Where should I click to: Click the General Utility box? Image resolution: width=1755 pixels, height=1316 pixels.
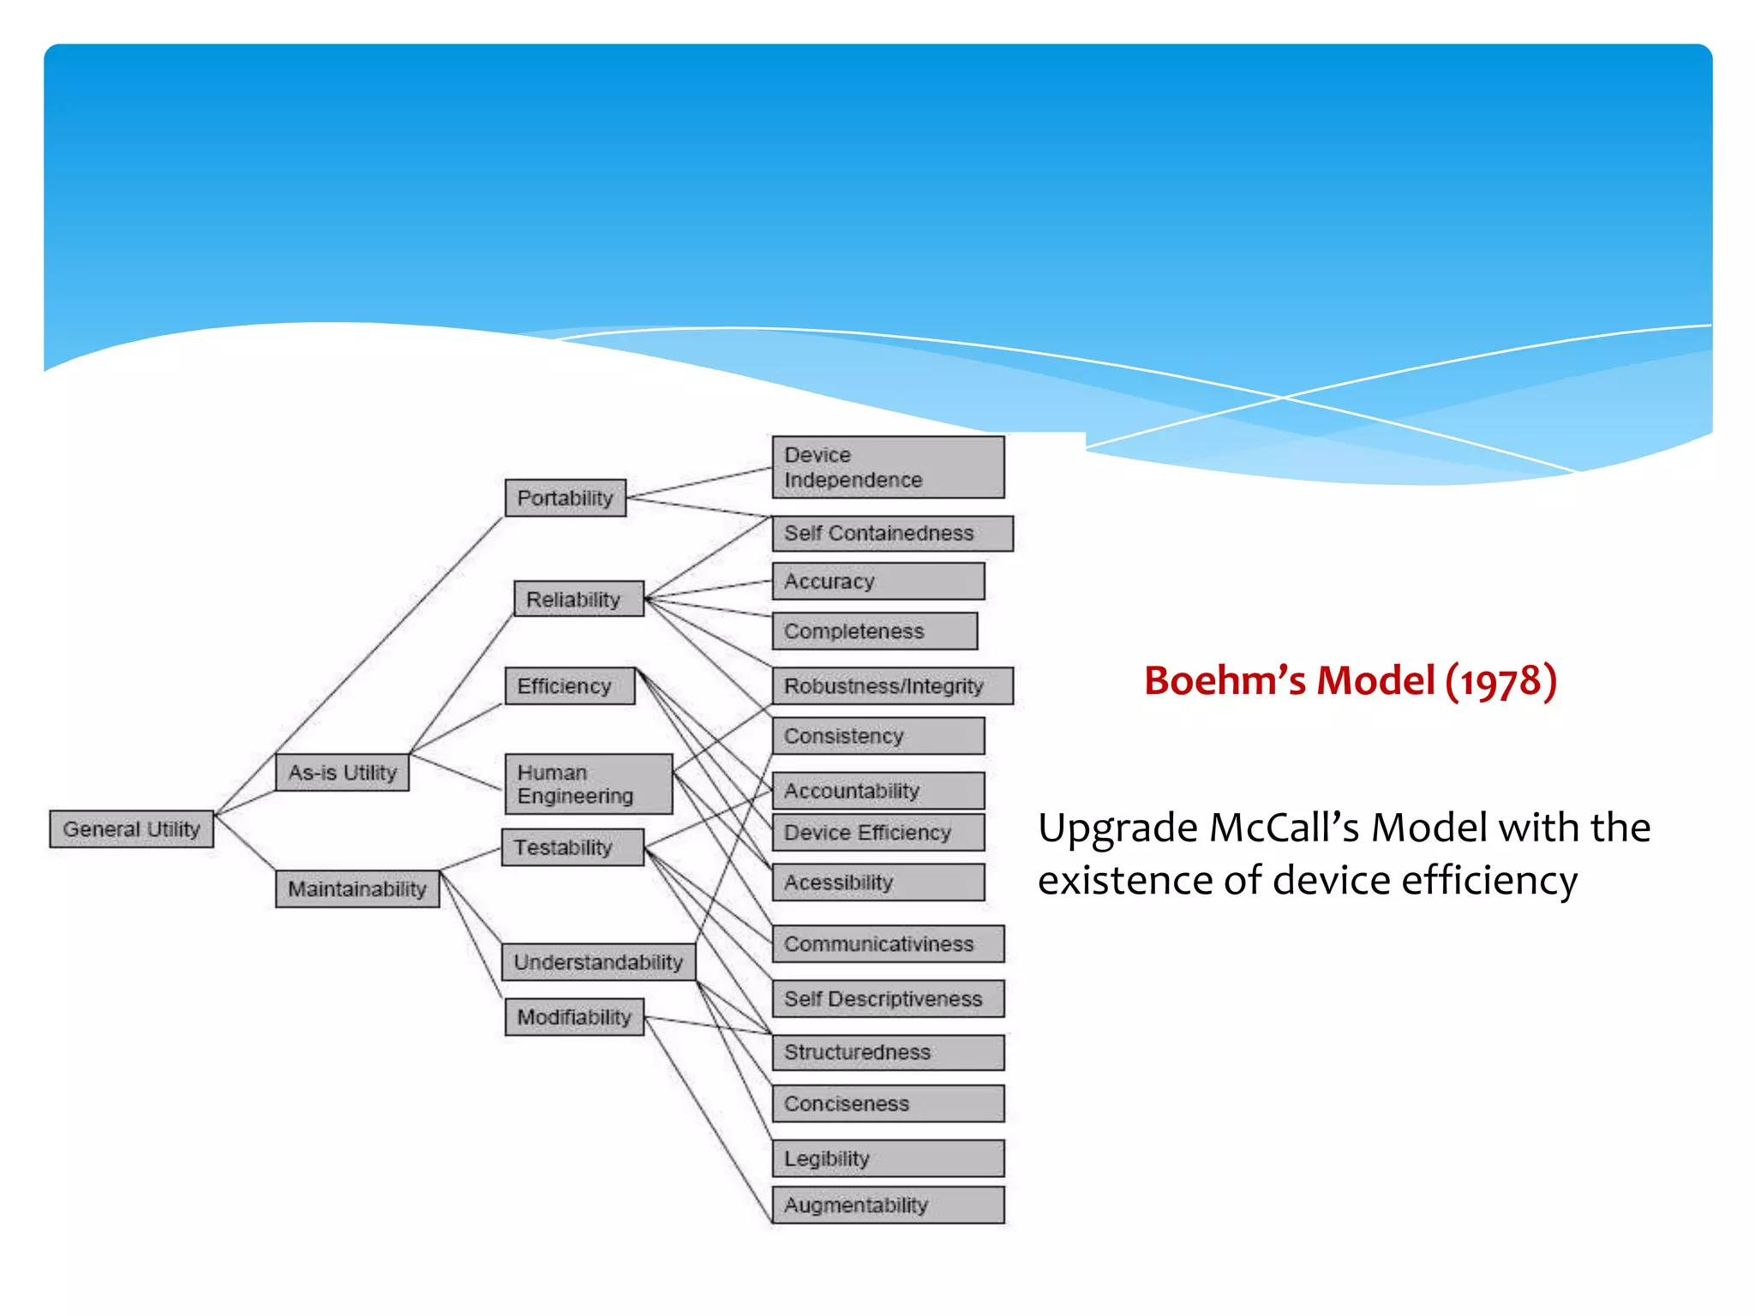(x=131, y=828)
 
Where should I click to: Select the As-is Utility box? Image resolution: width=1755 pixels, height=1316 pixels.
(x=342, y=772)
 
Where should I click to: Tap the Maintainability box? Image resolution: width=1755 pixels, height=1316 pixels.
(x=356, y=888)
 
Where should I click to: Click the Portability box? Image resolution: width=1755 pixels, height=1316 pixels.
(x=565, y=498)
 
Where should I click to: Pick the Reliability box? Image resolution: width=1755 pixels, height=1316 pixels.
(x=578, y=599)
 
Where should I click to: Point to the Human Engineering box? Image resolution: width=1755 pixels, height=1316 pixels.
(x=588, y=784)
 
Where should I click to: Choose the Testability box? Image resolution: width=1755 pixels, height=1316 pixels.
(x=572, y=847)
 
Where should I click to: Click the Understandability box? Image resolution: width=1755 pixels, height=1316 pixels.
(x=598, y=961)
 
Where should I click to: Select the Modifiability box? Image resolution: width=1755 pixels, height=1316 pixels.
(x=574, y=1017)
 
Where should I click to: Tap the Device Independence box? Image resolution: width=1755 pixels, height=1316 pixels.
(x=888, y=467)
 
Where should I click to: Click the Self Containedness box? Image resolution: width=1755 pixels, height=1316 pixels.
(x=892, y=533)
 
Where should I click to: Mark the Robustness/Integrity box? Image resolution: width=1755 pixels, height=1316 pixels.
(x=892, y=685)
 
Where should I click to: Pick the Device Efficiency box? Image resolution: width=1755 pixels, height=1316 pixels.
(x=877, y=832)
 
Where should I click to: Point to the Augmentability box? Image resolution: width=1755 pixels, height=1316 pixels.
(x=888, y=1205)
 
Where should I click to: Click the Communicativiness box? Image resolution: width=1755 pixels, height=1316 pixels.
(x=888, y=943)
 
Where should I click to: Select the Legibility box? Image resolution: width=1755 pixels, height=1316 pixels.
(x=888, y=1157)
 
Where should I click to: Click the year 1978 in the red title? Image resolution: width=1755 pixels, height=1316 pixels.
(x=1501, y=682)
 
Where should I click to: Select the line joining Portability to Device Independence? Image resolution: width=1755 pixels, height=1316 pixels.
(x=698, y=482)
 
